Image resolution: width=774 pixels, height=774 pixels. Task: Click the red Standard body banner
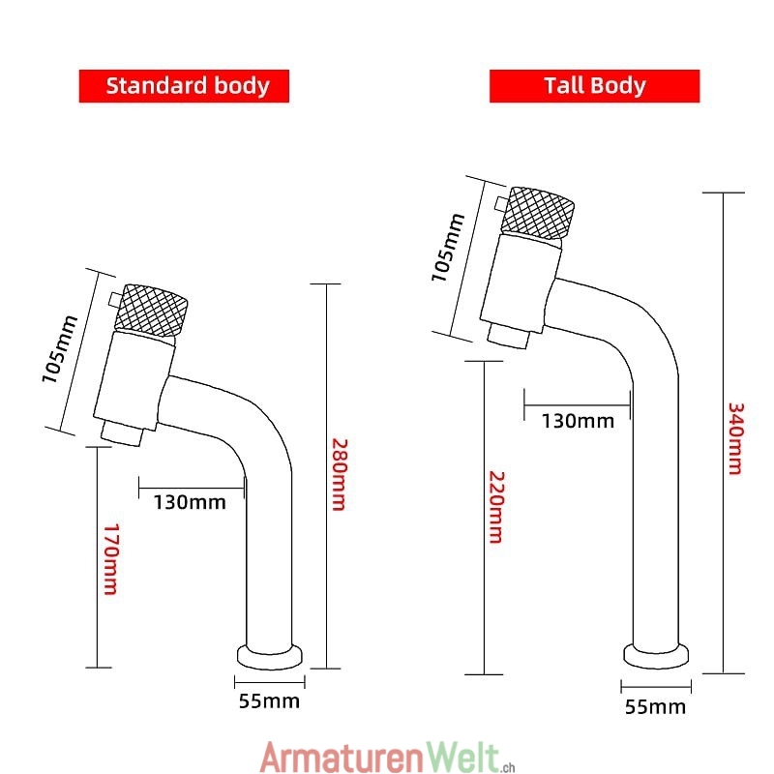tap(184, 86)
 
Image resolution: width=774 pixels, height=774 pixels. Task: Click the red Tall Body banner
tap(594, 86)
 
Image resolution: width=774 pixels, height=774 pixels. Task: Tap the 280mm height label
tap(340, 474)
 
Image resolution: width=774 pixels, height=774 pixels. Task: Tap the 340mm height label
tap(735, 438)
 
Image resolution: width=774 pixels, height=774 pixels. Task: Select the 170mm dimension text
tap(111, 559)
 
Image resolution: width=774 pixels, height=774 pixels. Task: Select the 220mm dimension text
tap(496, 507)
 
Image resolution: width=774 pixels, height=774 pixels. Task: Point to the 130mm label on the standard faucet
tap(190, 502)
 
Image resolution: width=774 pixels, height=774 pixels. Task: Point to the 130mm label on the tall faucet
tap(578, 421)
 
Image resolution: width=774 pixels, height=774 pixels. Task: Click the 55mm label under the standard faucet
tap(269, 700)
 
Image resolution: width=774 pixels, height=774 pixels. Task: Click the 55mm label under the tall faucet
tap(655, 707)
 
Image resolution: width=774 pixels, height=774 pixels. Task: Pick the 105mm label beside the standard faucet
tap(60, 349)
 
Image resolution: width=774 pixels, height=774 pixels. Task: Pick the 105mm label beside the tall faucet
tap(448, 248)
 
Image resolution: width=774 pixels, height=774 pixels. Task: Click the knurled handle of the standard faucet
tap(151, 311)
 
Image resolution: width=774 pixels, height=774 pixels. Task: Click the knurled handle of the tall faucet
tap(538, 213)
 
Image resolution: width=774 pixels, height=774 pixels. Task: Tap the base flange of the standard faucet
tap(270, 657)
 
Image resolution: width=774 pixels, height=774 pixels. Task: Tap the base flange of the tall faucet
tap(656, 656)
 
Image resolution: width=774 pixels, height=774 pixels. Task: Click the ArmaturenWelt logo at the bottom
tap(388, 758)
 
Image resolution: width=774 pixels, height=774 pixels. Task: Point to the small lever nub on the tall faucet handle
tap(501, 203)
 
